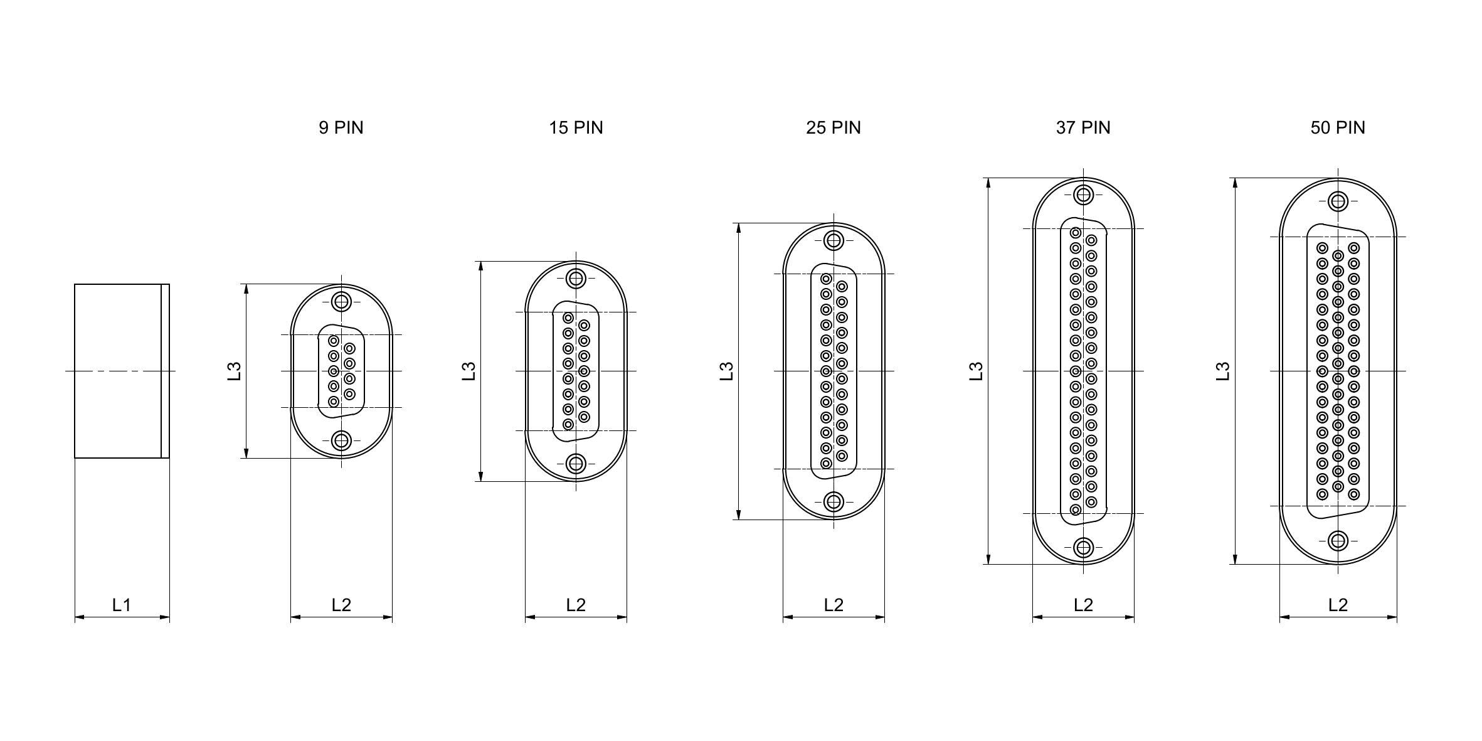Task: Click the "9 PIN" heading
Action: (x=341, y=128)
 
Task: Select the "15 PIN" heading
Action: (x=576, y=128)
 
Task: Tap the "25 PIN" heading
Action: (x=834, y=128)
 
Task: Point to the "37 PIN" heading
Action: (x=1083, y=128)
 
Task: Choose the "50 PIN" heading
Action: (x=1338, y=128)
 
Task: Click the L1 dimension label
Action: (x=122, y=605)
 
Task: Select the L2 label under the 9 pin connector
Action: (x=341, y=605)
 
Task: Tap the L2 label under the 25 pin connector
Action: (x=834, y=605)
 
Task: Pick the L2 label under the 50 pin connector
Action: (x=1338, y=605)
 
